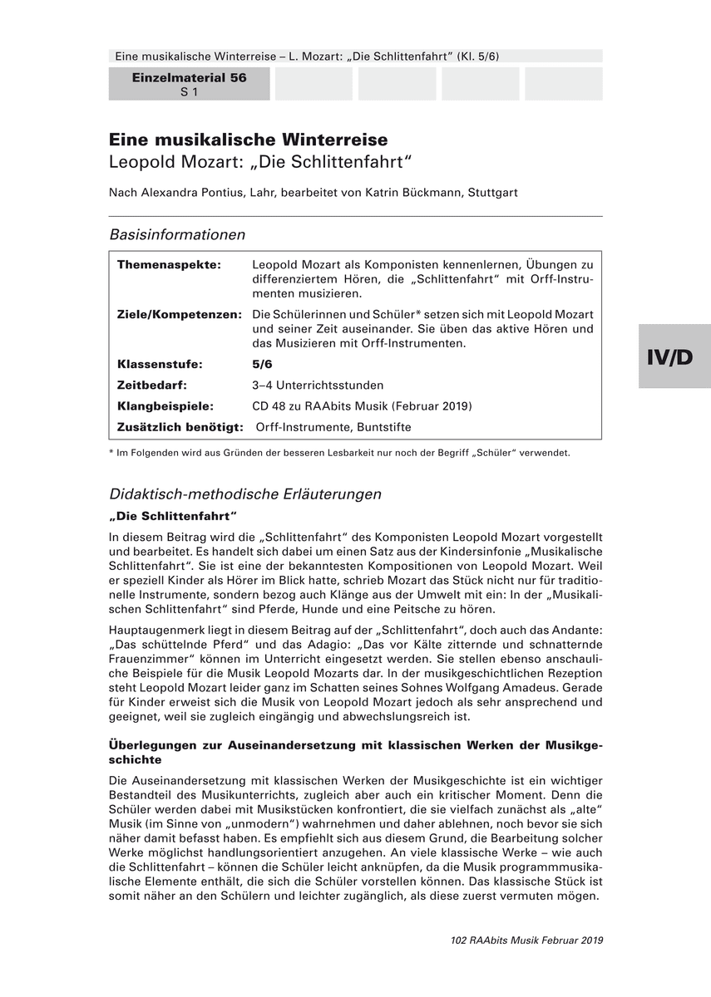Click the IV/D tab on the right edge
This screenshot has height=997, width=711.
click(674, 356)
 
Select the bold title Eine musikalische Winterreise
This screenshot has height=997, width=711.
click(248, 140)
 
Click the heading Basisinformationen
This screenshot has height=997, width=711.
click(177, 234)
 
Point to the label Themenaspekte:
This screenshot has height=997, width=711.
click(169, 264)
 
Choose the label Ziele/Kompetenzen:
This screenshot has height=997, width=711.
click(179, 314)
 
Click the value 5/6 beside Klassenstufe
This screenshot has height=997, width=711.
click(262, 364)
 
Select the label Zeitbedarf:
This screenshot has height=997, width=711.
click(152, 385)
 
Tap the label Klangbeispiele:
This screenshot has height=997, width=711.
click(165, 406)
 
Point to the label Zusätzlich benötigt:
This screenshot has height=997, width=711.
click(180, 427)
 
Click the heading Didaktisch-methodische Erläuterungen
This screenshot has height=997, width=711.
click(245, 494)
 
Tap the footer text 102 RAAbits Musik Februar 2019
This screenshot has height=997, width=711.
click(526, 941)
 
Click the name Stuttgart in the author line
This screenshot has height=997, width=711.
click(492, 192)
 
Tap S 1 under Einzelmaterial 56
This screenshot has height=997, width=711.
click(189, 91)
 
